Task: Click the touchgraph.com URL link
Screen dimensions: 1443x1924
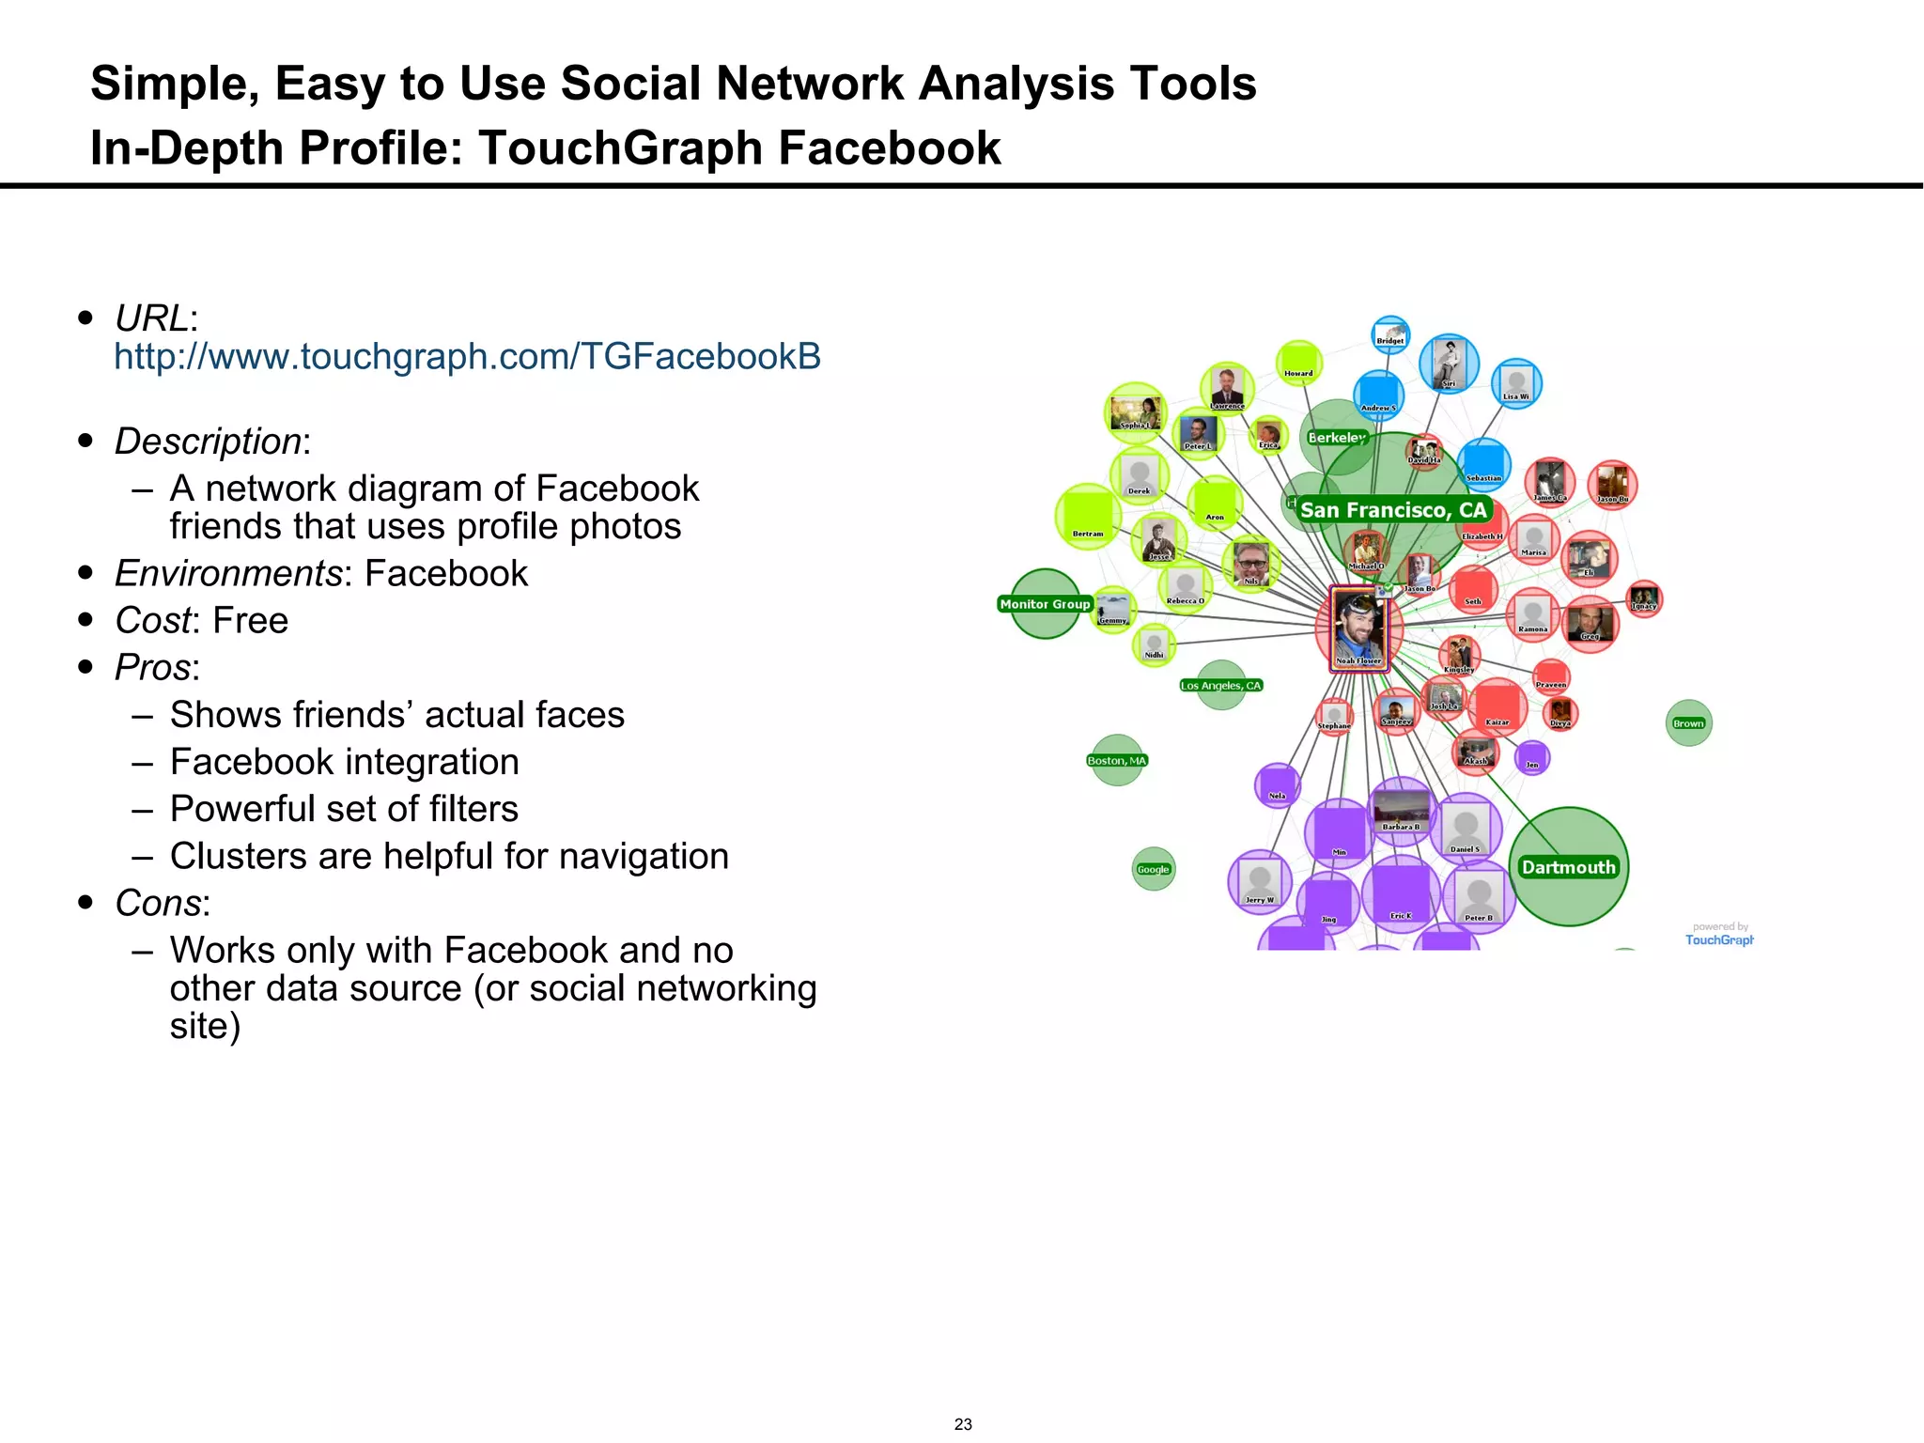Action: click(467, 357)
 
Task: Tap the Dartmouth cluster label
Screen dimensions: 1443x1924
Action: click(1568, 867)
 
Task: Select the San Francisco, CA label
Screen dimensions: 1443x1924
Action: click(1393, 510)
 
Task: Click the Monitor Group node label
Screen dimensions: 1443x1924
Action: click(1045, 604)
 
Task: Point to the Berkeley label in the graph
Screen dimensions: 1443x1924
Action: click(1336, 438)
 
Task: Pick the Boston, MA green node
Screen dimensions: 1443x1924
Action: click(1117, 760)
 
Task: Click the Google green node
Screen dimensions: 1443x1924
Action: click(1154, 869)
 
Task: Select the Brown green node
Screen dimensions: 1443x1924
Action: click(1688, 723)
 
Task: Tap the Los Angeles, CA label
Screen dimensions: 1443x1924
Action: click(1221, 686)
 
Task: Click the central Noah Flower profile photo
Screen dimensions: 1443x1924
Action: click(1358, 628)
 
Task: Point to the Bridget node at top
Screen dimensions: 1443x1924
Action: click(1390, 334)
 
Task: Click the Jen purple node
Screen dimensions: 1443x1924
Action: click(1532, 757)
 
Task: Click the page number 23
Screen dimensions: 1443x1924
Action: click(963, 1424)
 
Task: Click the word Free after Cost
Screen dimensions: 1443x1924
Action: click(250, 621)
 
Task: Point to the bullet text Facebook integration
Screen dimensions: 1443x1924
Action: click(344, 762)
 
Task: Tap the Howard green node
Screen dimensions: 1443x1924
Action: click(1299, 363)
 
